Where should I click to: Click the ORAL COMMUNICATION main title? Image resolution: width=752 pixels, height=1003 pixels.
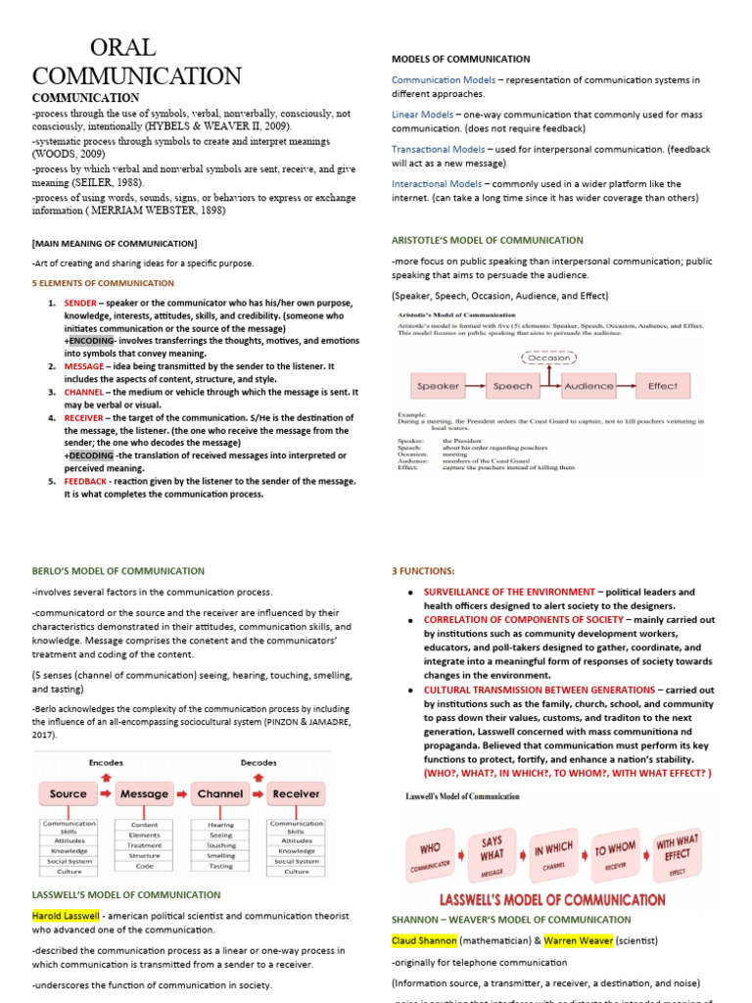click(137, 62)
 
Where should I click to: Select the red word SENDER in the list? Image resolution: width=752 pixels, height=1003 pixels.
click(80, 304)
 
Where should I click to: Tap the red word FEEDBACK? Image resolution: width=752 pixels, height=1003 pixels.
click(87, 481)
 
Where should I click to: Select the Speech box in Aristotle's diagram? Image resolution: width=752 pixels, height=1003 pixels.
click(512, 386)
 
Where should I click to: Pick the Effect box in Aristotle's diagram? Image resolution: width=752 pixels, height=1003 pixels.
click(662, 386)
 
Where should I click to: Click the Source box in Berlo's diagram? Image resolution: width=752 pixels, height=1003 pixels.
click(69, 794)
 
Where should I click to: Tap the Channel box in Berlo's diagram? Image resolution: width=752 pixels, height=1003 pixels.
click(220, 794)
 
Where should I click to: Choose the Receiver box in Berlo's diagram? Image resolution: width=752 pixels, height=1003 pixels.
click(296, 794)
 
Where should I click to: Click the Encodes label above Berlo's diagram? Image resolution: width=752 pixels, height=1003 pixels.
click(106, 762)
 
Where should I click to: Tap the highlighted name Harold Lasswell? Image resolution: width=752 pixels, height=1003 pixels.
click(66, 915)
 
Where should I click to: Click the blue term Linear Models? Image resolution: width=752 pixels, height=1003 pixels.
click(423, 115)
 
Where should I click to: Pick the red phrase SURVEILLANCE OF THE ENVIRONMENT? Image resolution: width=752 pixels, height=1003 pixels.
click(508, 593)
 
